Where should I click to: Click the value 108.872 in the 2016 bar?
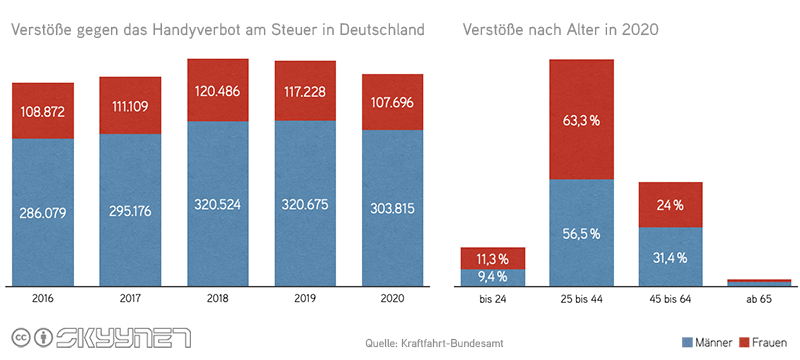pos(43,112)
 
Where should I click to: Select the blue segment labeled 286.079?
pos(43,211)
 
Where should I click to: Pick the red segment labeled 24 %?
pos(671,205)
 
